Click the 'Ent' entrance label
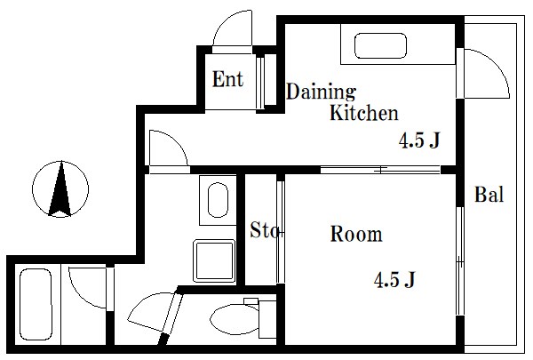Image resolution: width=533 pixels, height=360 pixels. (x=227, y=79)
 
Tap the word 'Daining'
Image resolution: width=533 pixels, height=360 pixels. (x=321, y=92)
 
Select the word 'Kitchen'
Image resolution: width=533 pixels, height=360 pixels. (x=363, y=112)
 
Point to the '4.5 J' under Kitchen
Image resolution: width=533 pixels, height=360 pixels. (x=419, y=140)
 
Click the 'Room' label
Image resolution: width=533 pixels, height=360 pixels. (x=356, y=234)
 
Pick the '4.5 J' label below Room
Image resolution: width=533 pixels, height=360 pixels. (x=394, y=279)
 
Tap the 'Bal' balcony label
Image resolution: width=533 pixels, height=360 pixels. (x=489, y=195)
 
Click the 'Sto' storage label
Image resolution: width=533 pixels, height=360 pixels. (x=265, y=229)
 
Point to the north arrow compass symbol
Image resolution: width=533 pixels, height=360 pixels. (x=60, y=188)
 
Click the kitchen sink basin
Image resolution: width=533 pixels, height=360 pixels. (x=380, y=45)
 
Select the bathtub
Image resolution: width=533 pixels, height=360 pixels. (x=36, y=305)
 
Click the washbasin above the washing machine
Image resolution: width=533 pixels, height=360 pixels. (x=218, y=200)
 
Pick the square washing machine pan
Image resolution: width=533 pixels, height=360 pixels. (x=214, y=261)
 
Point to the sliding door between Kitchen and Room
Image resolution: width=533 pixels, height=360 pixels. (x=380, y=170)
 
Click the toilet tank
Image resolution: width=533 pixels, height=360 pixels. (x=267, y=319)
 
